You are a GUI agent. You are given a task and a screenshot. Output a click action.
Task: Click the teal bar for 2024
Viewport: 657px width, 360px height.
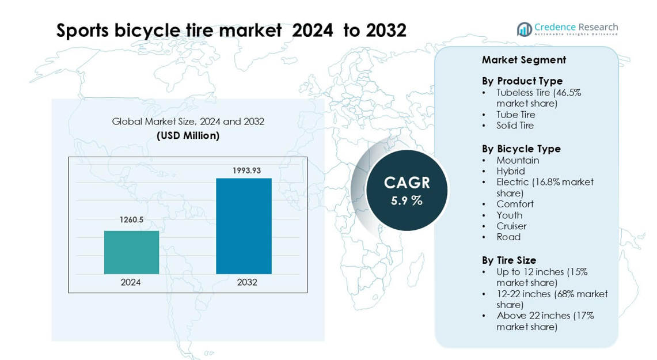click(x=131, y=252)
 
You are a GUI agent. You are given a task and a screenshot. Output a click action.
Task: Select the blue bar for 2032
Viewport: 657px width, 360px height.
click(x=244, y=226)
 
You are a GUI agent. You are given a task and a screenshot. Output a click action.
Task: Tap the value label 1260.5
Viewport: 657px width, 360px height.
click(x=131, y=220)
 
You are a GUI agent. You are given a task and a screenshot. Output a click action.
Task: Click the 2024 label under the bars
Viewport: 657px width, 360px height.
click(x=131, y=282)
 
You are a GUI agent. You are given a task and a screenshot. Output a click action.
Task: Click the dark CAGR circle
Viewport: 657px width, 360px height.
click(x=407, y=190)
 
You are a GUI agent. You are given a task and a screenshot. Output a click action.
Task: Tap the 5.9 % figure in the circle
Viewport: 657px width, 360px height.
click(x=407, y=200)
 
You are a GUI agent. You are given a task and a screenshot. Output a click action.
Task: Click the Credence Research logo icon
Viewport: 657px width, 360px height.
click(x=524, y=29)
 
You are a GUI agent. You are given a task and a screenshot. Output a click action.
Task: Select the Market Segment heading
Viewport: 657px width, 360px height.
click(x=523, y=60)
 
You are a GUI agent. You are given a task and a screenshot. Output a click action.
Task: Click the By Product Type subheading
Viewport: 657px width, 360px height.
click(x=522, y=81)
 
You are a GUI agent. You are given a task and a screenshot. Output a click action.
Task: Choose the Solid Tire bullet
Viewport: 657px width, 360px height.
click(x=515, y=126)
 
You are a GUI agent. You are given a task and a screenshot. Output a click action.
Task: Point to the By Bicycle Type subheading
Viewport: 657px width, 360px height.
click(x=521, y=149)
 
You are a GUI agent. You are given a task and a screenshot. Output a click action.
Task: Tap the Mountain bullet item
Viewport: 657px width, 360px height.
click(x=518, y=160)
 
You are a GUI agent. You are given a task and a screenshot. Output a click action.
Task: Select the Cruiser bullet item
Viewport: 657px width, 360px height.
click(x=511, y=226)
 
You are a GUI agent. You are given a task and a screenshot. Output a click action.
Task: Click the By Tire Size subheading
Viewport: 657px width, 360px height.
click(x=508, y=260)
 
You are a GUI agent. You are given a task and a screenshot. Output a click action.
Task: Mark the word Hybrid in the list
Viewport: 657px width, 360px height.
click(x=510, y=171)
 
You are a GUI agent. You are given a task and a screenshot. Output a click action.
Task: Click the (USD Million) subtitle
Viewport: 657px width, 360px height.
click(x=188, y=136)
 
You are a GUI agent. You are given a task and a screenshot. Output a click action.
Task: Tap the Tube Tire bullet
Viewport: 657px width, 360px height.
click(x=515, y=115)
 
